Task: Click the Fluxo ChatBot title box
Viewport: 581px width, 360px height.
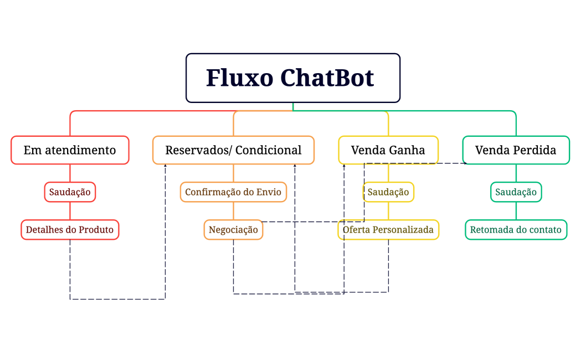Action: [x=292, y=78]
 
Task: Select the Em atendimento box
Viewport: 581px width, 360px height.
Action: [x=70, y=150]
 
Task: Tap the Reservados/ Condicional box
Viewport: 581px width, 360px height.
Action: [x=233, y=150]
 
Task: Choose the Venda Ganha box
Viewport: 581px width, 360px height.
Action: [x=388, y=150]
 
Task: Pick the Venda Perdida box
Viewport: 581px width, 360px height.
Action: [x=516, y=150]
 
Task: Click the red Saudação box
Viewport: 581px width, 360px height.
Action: [x=70, y=192]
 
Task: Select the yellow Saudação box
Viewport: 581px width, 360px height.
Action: [x=388, y=192]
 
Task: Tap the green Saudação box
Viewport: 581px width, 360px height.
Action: [x=516, y=192]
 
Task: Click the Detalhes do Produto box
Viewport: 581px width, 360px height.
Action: [x=70, y=229]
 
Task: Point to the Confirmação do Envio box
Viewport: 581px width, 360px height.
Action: [x=233, y=192]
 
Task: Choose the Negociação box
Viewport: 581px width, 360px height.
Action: [x=233, y=229]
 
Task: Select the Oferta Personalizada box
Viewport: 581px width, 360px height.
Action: [x=388, y=229]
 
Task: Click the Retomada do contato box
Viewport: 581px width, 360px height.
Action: [x=516, y=229]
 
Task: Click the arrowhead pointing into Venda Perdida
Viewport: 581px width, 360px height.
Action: [x=465, y=163]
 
